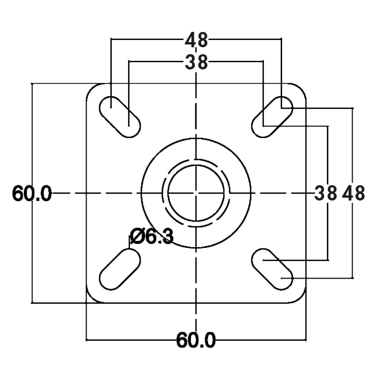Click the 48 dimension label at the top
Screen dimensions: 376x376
pos(197,40)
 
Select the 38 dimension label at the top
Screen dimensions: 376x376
pos(197,62)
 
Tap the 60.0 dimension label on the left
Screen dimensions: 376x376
pos(32,193)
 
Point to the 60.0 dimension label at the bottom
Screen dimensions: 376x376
pos(196,340)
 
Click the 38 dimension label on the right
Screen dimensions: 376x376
pos(325,193)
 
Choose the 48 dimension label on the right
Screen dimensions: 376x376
pos(353,193)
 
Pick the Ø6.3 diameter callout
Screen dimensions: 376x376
pos(152,236)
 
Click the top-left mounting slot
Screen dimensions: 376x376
pos(120,117)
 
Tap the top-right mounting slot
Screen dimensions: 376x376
pos(272,117)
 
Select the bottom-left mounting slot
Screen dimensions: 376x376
pos(120,269)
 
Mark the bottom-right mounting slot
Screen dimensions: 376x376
pos(272,269)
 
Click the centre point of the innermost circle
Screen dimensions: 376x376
pos(196,193)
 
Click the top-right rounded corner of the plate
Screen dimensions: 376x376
pos(301,88)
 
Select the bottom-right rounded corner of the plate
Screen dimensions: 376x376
pos(301,298)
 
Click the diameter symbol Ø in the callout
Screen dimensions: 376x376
pos(137,236)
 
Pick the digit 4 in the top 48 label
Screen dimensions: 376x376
pos(191,40)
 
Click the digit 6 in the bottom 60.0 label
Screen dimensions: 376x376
pos(182,340)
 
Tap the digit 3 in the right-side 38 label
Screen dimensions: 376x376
pos(320,193)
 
